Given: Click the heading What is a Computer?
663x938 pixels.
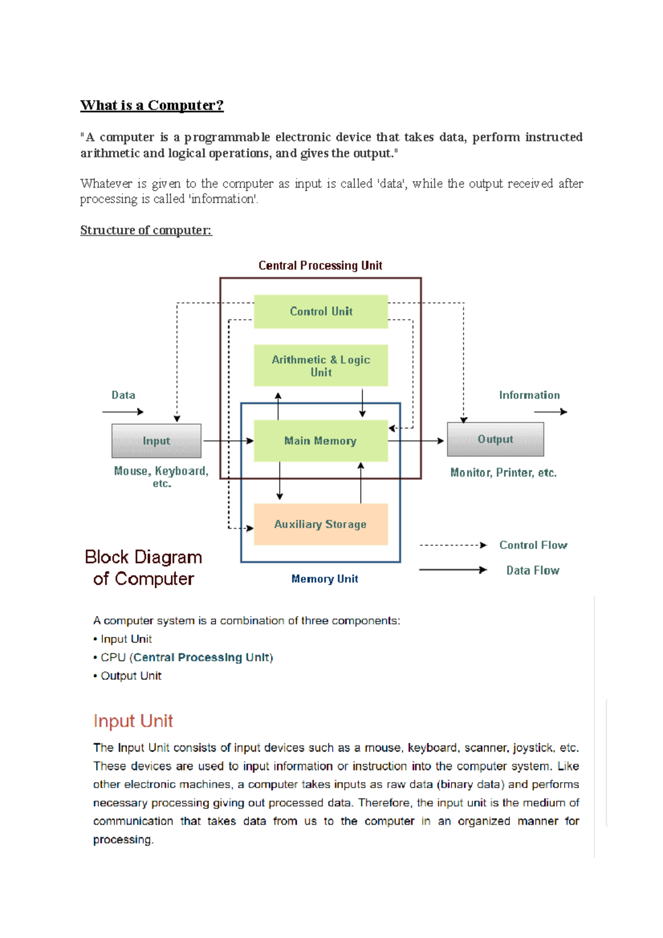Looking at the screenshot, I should (152, 105).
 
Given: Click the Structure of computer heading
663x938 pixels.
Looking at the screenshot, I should (146, 230).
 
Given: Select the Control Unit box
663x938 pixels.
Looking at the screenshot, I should (320, 312).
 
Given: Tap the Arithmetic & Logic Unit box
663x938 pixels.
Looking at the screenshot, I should (320, 366).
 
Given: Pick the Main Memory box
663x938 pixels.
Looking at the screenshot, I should (320, 441).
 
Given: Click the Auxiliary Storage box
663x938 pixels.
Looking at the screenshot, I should (320, 524).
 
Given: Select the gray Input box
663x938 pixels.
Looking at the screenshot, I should (156, 441).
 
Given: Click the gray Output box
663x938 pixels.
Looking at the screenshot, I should (495, 439).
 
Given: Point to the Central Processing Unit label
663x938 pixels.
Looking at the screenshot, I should (320, 266).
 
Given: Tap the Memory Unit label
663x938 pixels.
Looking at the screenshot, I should (324, 579).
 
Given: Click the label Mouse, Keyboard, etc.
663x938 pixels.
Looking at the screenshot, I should (161, 477).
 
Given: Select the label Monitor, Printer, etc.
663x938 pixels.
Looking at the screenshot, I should (503, 473).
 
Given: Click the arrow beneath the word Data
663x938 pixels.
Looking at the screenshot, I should (123, 412).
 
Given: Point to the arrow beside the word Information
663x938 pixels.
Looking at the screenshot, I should (550, 412).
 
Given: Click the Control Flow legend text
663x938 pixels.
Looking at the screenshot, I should (533, 545).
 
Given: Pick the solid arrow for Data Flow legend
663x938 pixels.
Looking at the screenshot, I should (453, 570).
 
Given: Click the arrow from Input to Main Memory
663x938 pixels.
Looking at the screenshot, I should (228, 441).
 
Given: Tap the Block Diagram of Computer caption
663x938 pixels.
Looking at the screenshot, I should (143, 568).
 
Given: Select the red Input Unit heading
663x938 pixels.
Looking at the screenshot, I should (133, 721).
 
